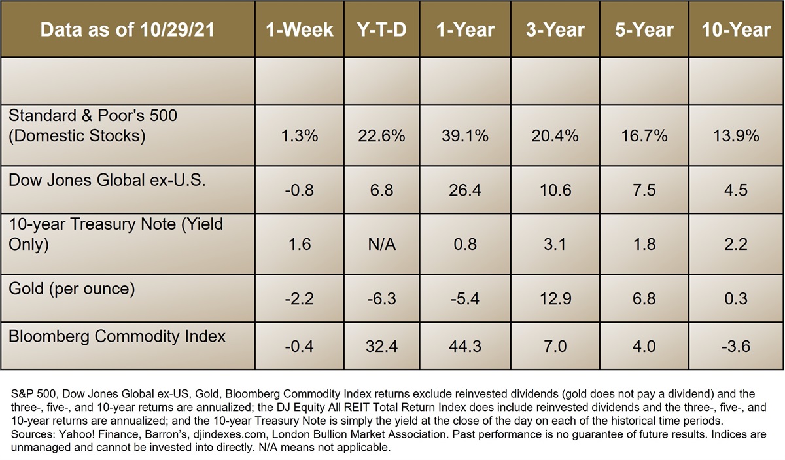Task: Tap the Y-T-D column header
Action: tap(381, 30)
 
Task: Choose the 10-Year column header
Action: tap(737, 30)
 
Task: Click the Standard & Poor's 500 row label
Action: tap(93, 126)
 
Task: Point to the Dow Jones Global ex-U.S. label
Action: tap(107, 181)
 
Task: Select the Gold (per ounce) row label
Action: tap(71, 288)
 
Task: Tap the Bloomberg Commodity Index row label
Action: tap(117, 336)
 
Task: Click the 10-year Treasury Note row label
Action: tap(116, 234)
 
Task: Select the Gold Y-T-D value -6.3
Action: tap(381, 298)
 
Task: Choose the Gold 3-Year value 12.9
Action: tap(553, 298)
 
